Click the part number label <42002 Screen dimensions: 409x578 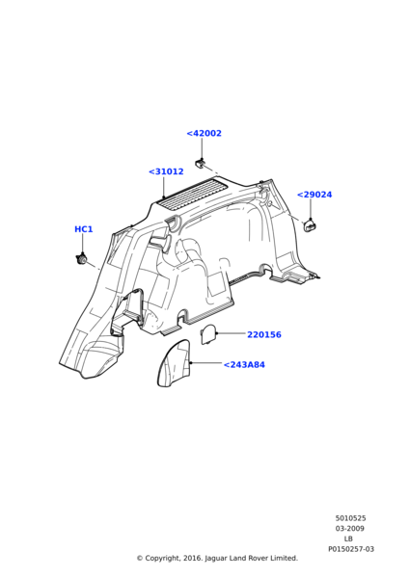(x=204, y=134)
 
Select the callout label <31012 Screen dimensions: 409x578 (x=166, y=171)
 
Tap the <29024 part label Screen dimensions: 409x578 (x=314, y=195)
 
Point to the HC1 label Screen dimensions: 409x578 (x=84, y=229)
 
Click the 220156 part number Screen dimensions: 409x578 (x=264, y=334)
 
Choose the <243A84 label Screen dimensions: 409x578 (x=244, y=364)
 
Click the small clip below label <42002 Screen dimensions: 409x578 (x=200, y=162)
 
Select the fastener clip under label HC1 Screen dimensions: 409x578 (x=81, y=259)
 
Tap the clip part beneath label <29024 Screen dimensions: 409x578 (x=311, y=226)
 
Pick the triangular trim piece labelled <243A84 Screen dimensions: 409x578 (x=175, y=363)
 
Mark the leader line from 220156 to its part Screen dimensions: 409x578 (x=232, y=333)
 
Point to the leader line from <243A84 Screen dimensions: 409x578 (x=206, y=363)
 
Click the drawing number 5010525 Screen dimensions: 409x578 (x=351, y=518)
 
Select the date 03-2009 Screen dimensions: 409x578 (x=350, y=529)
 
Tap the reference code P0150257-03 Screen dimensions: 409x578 (x=351, y=549)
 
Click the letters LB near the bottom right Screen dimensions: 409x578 (x=348, y=539)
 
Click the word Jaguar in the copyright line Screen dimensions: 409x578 (x=216, y=559)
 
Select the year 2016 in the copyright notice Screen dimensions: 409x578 (x=193, y=559)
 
